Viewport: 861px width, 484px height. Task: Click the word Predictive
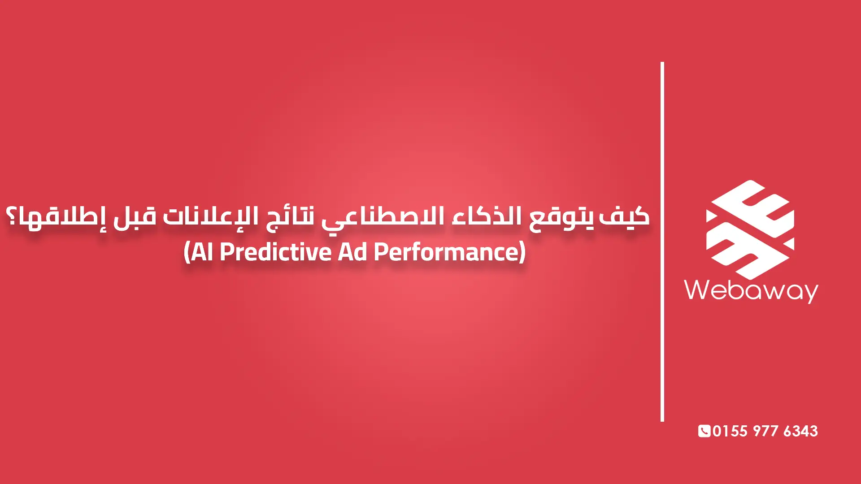[x=275, y=252]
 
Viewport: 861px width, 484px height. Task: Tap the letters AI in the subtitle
[x=202, y=252]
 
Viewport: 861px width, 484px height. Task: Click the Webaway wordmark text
[x=751, y=290]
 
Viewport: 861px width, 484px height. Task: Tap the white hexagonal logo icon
[x=750, y=229]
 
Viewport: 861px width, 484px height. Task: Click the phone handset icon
[x=704, y=431]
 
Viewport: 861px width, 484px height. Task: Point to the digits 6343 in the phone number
[x=800, y=431]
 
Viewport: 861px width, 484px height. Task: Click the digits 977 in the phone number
[x=765, y=431]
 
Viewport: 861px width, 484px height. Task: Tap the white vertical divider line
[x=662, y=242]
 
